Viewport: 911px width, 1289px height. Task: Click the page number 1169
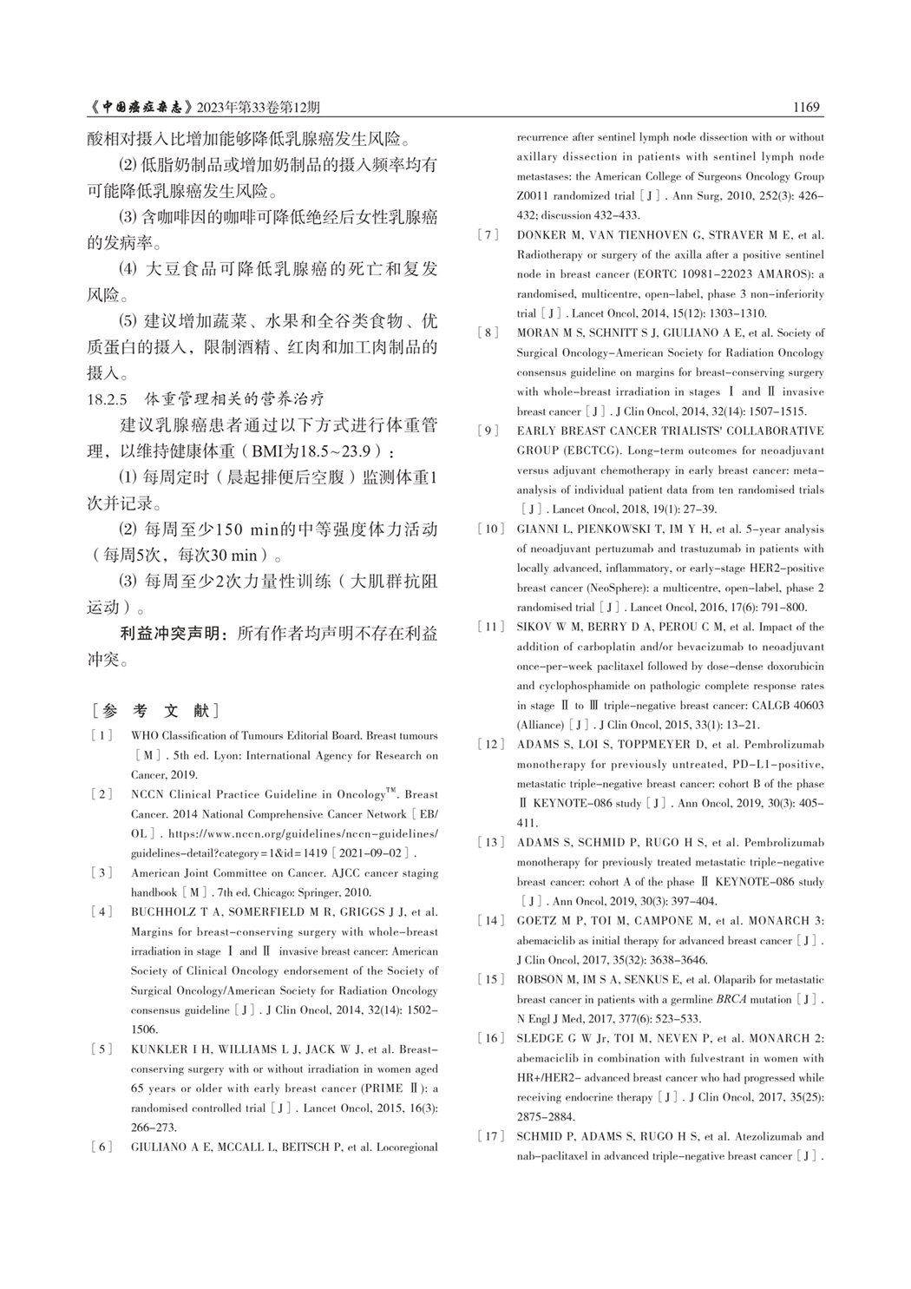coord(806,108)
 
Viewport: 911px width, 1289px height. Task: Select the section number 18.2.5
coord(108,399)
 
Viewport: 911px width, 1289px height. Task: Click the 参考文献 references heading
coord(155,711)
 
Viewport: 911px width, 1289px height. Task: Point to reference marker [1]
coord(102,736)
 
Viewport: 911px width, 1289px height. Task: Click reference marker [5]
coord(102,1049)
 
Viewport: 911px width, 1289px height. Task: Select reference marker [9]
coord(491,431)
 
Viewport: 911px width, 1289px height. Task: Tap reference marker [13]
coord(491,843)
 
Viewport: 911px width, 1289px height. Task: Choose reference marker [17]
coord(491,1136)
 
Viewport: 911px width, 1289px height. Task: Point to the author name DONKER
coord(542,235)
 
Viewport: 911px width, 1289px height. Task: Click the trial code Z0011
coord(533,196)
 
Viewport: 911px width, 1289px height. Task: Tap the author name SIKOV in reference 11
coord(535,627)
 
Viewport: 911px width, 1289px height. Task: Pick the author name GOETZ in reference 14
coord(538,921)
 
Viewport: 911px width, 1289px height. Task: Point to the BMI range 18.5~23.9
coord(333,451)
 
